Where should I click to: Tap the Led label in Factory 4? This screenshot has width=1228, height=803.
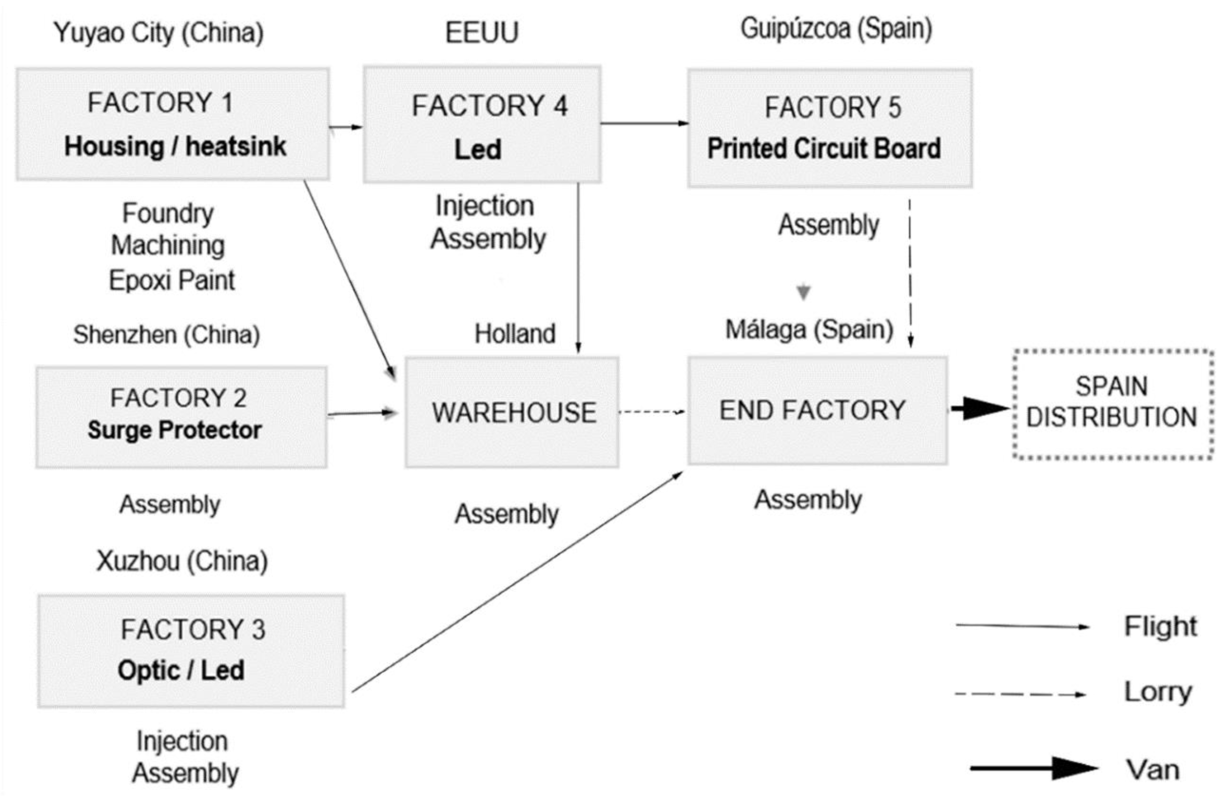tap(478, 150)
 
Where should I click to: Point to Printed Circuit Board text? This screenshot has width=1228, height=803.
tap(824, 148)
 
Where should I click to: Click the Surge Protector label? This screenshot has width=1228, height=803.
tap(174, 430)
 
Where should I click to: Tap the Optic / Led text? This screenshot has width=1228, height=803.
tap(181, 671)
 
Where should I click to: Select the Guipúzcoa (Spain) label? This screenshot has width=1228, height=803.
tap(836, 29)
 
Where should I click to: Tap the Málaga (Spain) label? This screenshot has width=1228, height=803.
tap(809, 329)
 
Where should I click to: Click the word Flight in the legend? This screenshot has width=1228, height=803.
tap(1160, 627)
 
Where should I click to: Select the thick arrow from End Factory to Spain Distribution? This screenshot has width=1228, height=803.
tap(979, 409)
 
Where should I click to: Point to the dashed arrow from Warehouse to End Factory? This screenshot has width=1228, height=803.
tap(651, 412)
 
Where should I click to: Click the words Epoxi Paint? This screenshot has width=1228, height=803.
tap(172, 281)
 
